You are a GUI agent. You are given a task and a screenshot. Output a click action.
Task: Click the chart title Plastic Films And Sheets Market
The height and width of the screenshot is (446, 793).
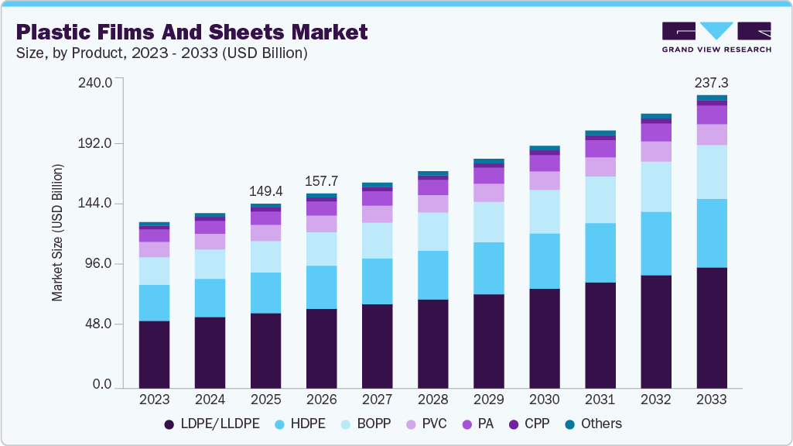[x=191, y=32]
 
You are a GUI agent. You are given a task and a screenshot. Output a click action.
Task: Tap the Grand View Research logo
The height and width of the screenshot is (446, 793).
[x=716, y=37]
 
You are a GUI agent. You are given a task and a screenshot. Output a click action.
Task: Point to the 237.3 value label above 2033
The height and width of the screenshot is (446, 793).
[x=711, y=82]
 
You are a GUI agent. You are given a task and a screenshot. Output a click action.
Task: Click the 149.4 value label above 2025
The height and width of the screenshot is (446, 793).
[x=265, y=190]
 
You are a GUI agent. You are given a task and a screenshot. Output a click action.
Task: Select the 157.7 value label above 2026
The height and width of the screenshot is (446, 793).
[x=321, y=180]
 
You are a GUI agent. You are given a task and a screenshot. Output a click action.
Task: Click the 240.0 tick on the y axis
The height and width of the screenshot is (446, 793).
[x=97, y=82]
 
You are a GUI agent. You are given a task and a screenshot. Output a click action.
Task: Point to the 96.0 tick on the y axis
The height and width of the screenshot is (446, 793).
[x=99, y=264]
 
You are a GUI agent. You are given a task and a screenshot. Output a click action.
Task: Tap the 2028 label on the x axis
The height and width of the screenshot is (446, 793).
[x=432, y=400]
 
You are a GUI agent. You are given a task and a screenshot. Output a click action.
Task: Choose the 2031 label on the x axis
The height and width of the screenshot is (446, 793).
[x=600, y=400]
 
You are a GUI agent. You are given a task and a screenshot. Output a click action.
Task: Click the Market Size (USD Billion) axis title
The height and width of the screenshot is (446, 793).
[x=57, y=233]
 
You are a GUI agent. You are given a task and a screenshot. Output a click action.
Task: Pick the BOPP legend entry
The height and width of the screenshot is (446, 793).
[x=366, y=424]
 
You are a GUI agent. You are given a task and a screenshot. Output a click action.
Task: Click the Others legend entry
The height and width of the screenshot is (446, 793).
[x=593, y=424]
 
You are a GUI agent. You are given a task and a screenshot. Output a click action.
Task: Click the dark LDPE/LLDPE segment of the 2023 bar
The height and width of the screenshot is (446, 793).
[x=154, y=354]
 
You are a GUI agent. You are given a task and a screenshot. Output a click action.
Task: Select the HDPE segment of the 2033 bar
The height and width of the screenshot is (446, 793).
[x=711, y=233]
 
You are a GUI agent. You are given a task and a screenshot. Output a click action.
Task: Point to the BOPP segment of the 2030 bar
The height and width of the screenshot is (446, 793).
[x=544, y=211]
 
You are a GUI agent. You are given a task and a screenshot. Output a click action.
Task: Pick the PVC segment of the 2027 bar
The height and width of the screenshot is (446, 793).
[x=377, y=214]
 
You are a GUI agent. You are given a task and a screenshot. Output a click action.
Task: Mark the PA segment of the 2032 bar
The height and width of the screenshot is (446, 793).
[x=655, y=132]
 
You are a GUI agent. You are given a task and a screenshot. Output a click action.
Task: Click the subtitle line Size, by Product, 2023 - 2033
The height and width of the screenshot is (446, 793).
[x=162, y=53]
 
